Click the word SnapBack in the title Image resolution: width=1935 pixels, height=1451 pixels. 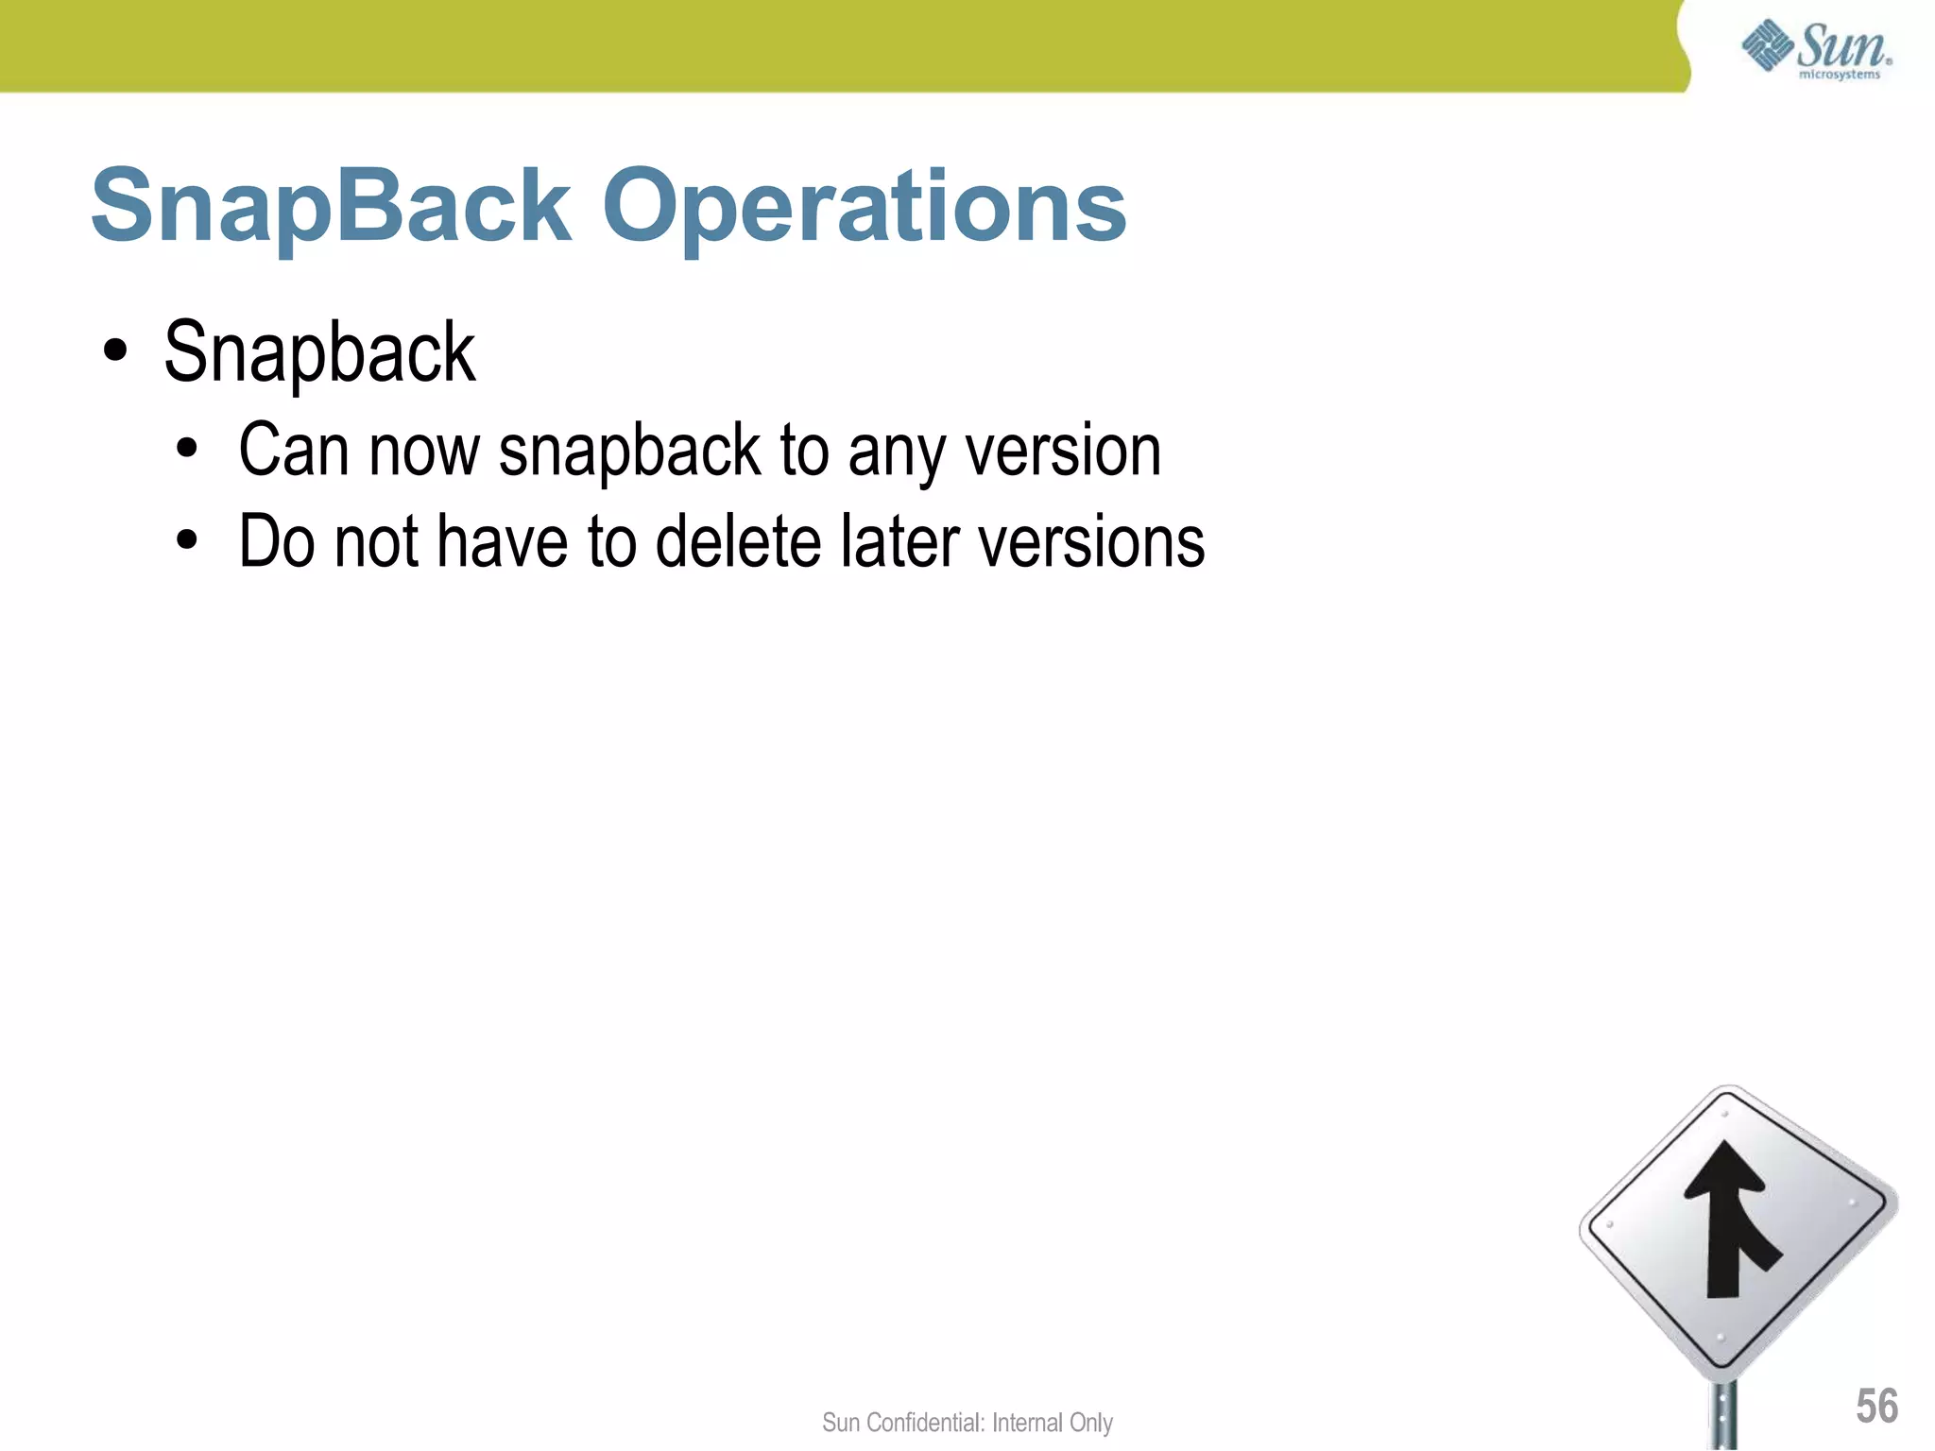(331, 206)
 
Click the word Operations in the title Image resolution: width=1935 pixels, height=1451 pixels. (865, 206)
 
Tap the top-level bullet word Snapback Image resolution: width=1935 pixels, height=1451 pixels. (319, 353)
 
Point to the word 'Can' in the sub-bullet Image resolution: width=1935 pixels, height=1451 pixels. (294, 451)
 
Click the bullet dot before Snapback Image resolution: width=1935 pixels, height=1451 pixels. (115, 351)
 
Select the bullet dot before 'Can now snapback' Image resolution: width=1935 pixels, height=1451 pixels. (187, 450)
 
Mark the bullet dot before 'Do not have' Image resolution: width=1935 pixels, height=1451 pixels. (187, 540)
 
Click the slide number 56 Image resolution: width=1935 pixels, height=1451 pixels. (1876, 1406)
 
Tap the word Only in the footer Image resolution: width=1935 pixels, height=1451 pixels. (1090, 1423)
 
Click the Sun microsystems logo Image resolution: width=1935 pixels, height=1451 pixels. (1816, 49)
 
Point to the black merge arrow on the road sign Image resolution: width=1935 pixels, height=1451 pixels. (1729, 1219)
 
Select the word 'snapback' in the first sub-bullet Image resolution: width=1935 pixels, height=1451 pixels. (629, 452)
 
